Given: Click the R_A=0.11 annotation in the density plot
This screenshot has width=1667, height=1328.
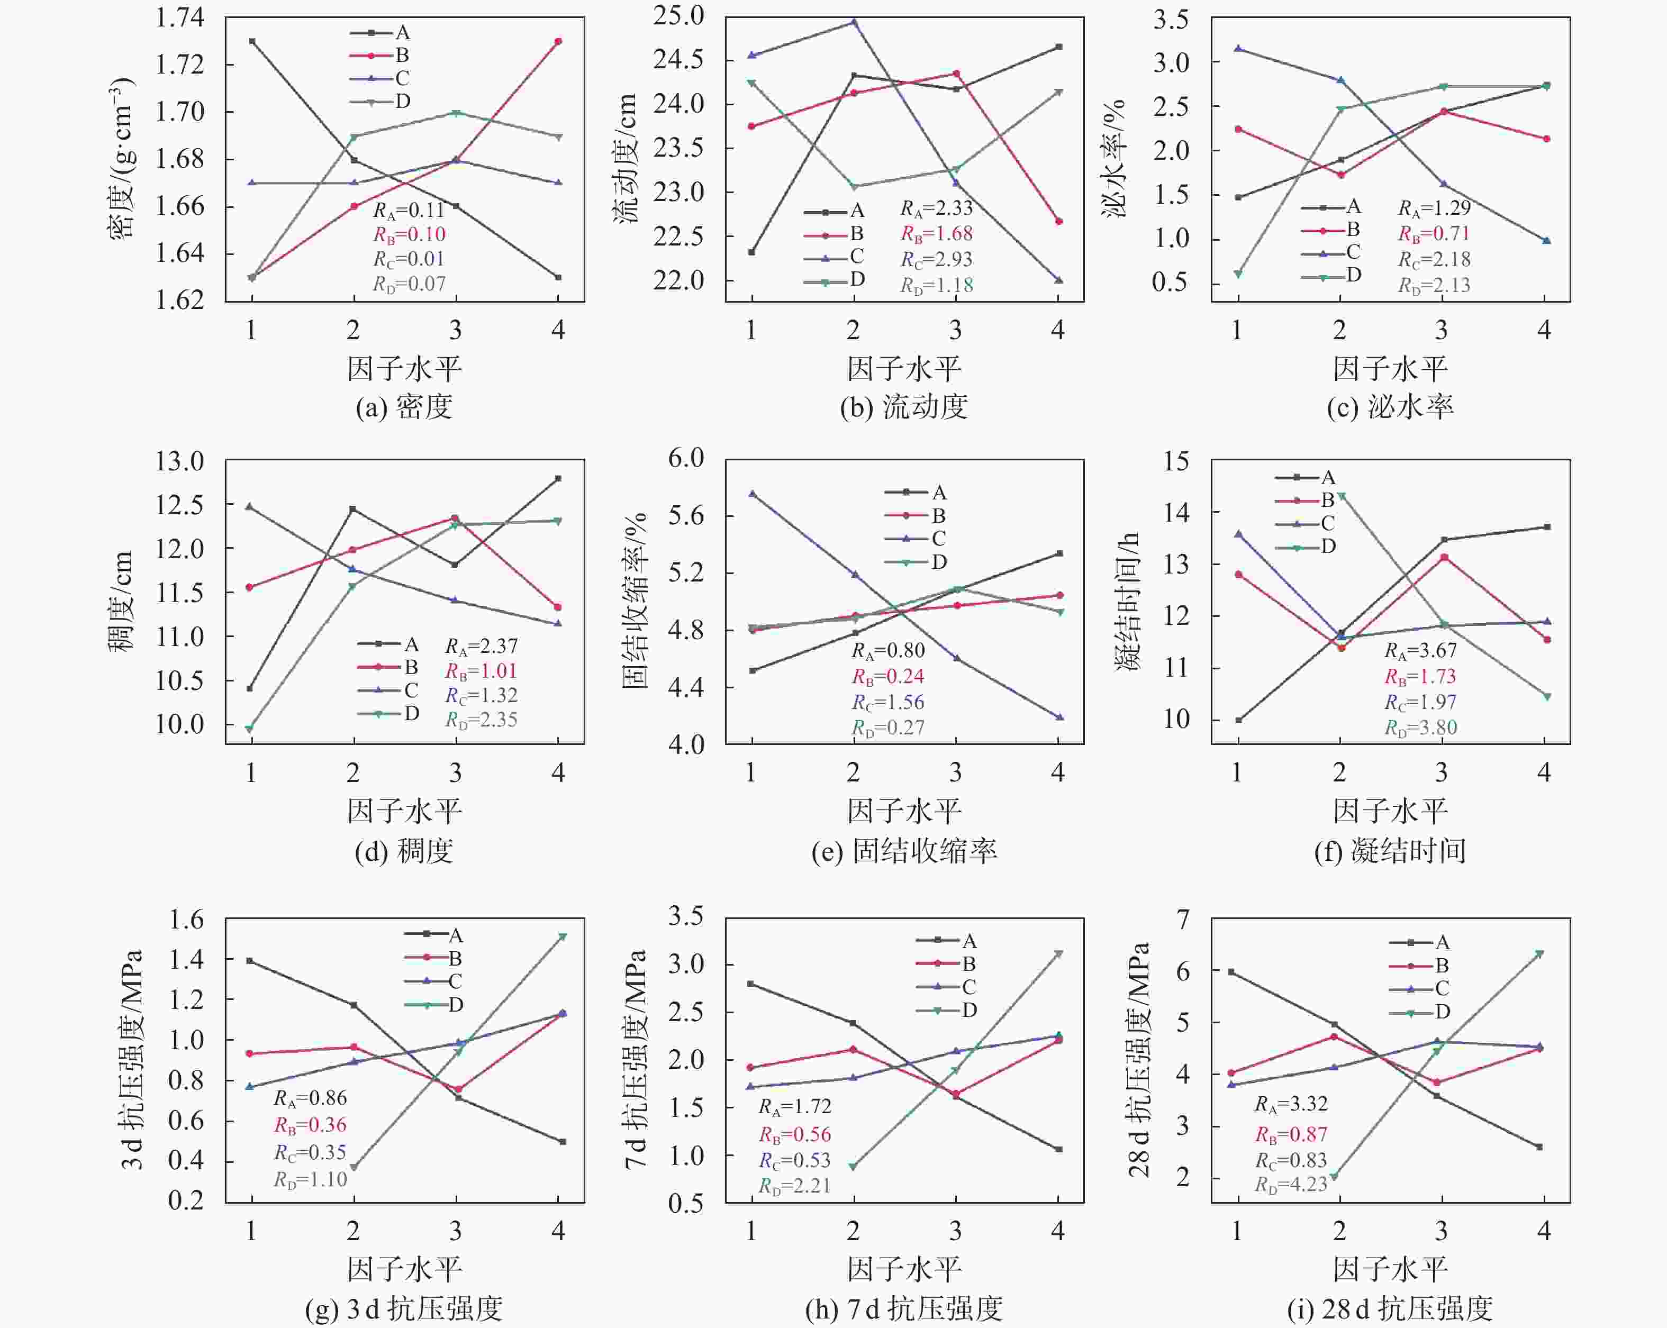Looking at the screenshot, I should [409, 210].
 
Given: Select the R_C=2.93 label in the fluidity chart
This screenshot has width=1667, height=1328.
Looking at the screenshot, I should [936, 260].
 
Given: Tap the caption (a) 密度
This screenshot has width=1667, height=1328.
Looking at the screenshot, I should [404, 406].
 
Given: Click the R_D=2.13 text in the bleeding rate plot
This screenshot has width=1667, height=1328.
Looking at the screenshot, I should [1434, 285].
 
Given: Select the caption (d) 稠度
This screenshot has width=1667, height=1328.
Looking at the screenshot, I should [404, 850].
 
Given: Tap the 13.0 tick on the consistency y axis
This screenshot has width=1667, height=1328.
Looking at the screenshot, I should [179, 461].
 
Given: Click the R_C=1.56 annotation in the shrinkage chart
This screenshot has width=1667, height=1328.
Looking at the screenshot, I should [887, 702].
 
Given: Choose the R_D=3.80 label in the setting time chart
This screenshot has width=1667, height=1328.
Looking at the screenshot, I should [1420, 727].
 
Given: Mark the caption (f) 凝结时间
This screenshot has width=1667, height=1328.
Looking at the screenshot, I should [1389, 850].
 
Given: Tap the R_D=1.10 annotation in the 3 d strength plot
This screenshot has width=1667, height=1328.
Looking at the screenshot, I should [310, 1179].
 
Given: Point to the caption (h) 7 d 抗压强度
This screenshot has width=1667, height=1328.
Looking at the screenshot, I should [903, 1308].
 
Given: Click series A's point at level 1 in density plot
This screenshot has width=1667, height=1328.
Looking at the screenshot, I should [252, 41].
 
